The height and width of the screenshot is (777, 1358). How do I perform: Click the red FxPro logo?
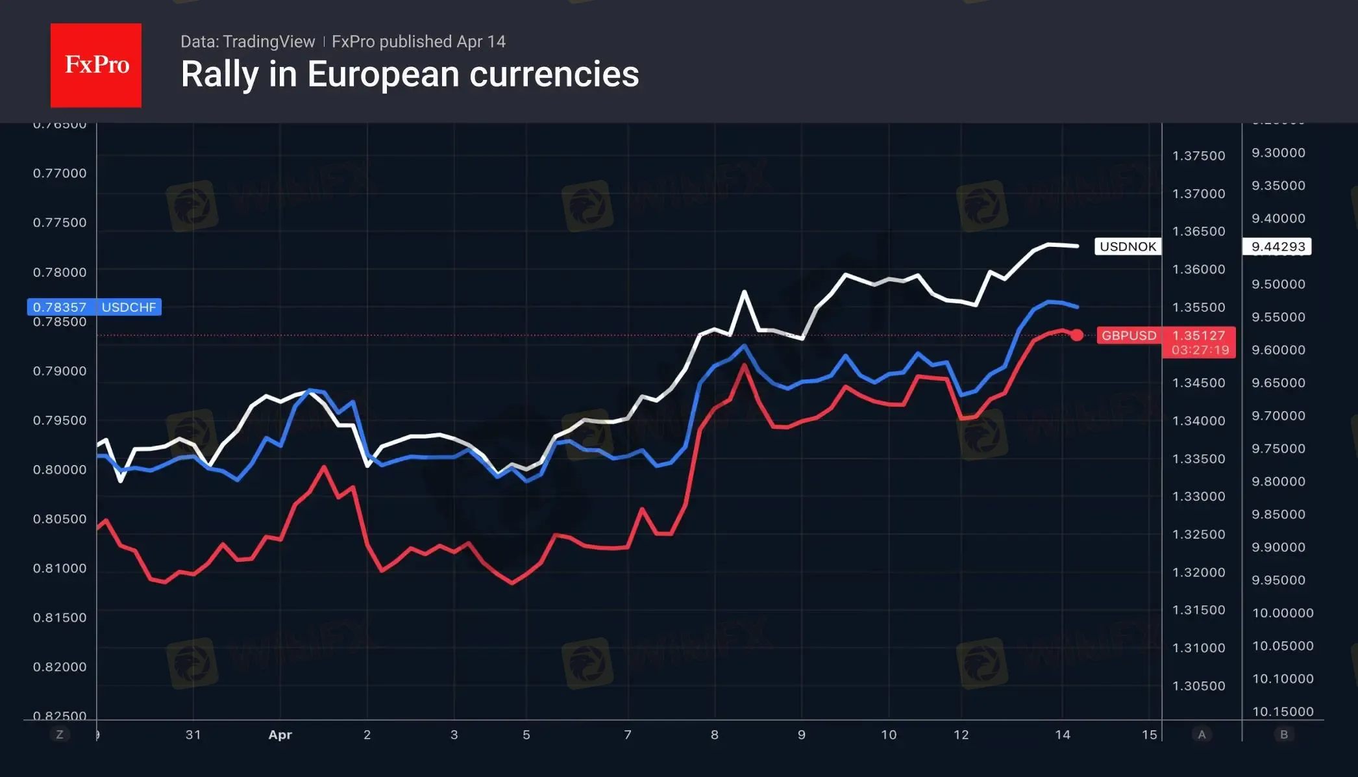pyautogui.click(x=96, y=65)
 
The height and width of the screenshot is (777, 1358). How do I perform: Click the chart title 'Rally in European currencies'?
pyautogui.click(x=410, y=74)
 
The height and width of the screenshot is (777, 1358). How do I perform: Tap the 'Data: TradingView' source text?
pyautogui.click(x=247, y=42)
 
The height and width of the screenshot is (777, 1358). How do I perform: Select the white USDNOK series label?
pyautogui.click(x=1128, y=247)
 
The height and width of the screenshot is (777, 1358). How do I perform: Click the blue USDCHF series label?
pyautogui.click(x=129, y=307)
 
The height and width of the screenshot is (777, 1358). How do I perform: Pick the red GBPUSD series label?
pyautogui.click(x=1129, y=335)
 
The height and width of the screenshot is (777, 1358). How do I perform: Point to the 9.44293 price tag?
pyautogui.click(x=1278, y=247)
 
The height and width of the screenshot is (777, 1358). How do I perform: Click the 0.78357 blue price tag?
pyautogui.click(x=60, y=307)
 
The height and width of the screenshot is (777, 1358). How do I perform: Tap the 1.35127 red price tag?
pyautogui.click(x=1198, y=335)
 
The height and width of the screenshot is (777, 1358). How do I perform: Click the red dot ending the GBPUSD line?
pyautogui.click(x=1077, y=335)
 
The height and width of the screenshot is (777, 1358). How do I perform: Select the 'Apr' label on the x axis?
pyautogui.click(x=280, y=735)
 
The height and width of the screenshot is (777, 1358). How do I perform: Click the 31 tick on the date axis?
pyautogui.click(x=193, y=735)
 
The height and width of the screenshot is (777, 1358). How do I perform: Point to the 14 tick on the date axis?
pyautogui.click(x=1063, y=735)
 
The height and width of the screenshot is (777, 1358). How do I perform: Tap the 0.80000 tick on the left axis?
pyautogui.click(x=60, y=470)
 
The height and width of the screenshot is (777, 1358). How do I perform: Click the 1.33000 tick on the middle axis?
pyautogui.click(x=1198, y=496)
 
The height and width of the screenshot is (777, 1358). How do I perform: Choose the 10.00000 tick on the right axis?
pyautogui.click(x=1283, y=613)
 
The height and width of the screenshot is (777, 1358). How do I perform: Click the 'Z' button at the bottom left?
pyautogui.click(x=60, y=735)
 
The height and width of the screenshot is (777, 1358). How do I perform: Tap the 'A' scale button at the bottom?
pyautogui.click(x=1202, y=735)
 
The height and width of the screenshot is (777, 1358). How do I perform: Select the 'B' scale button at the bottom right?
pyautogui.click(x=1283, y=735)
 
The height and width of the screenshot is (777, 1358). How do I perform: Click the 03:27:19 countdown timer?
pyautogui.click(x=1200, y=350)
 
